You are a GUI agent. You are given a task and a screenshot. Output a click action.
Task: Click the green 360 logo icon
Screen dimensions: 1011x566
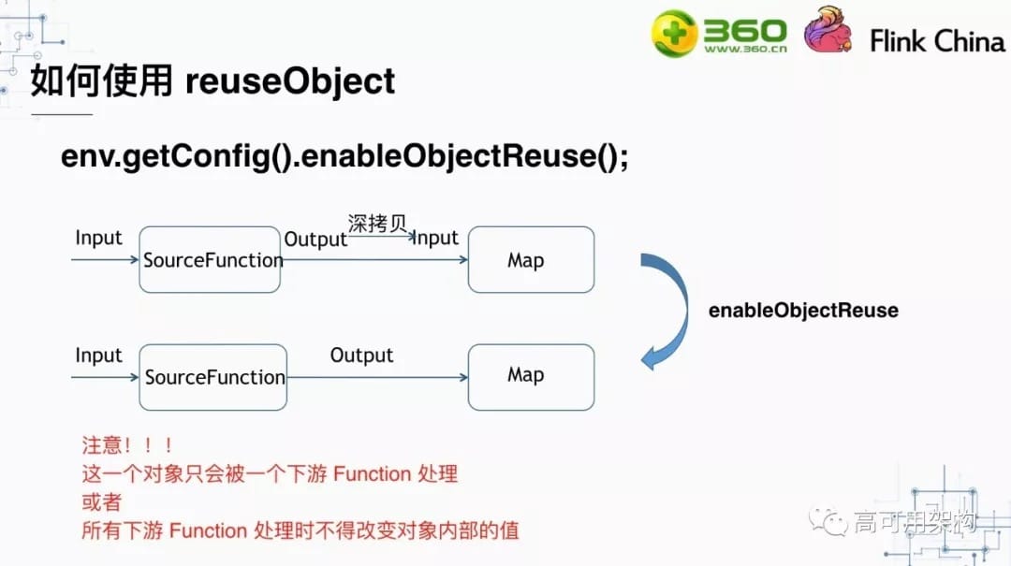(676, 34)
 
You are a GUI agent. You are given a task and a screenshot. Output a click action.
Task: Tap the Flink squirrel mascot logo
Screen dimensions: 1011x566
(828, 31)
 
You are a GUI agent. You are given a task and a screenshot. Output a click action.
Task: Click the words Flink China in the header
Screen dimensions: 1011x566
(936, 41)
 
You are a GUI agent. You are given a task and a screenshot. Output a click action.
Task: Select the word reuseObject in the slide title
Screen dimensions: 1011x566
(290, 81)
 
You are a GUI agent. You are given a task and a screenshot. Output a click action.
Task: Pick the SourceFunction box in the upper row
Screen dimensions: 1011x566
(211, 259)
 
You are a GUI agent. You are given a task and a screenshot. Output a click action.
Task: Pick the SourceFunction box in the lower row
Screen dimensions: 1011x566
(212, 377)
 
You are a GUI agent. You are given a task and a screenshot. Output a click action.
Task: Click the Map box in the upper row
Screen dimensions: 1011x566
(531, 259)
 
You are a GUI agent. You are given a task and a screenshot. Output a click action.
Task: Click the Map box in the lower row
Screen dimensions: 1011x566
(531, 376)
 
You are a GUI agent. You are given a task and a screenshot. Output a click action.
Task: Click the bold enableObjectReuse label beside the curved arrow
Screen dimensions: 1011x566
(803, 311)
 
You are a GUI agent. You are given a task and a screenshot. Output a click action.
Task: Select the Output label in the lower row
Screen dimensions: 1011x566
(361, 356)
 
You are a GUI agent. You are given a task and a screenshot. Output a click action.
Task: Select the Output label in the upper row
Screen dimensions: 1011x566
(315, 239)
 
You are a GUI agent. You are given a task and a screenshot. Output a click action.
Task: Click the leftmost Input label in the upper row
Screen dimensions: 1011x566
(98, 238)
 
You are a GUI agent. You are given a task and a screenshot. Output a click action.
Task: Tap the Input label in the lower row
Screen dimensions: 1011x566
(98, 356)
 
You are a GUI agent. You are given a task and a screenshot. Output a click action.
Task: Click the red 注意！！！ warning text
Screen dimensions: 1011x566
(127, 446)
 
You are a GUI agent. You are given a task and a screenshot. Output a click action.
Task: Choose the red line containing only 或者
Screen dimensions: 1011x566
(102, 502)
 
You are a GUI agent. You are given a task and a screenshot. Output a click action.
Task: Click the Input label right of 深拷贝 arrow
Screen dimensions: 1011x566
(436, 238)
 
